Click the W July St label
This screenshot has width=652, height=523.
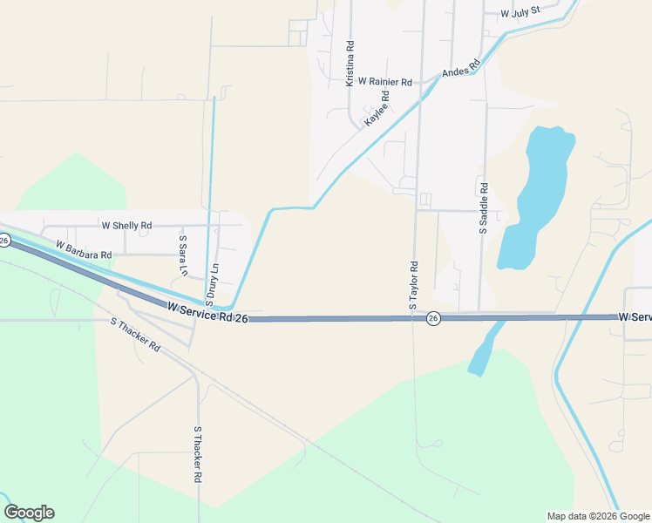coord(520,13)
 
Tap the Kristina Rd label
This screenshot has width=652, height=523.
coord(350,63)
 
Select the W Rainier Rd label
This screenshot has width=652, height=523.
coord(384,81)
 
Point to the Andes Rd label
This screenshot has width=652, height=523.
coord(461,67)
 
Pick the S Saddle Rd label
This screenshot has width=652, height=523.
coord(484,208)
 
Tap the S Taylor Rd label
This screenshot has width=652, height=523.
coord(414,286)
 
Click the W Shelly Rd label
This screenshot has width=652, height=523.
coord(126,225)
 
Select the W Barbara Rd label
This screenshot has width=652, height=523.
coord(84,250)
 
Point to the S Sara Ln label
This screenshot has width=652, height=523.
coord(183,255)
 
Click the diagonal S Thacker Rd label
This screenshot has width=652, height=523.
coord(136,334)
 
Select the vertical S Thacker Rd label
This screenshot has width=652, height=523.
coord(198,455)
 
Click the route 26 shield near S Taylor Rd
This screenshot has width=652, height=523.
coord(433,320)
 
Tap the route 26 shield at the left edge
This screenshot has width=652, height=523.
coord(3,240)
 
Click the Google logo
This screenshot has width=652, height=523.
coord(29,513)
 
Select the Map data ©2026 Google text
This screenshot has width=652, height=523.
coord(598,516)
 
